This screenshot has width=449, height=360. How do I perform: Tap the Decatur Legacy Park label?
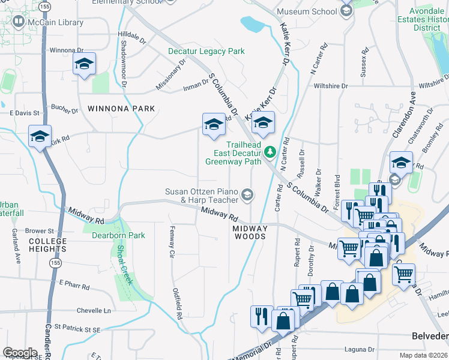click(x=206, y=52)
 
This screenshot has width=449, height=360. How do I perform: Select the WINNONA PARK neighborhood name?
click(x=121, y=109)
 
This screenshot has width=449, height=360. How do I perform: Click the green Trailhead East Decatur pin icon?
click(x=270, y=151)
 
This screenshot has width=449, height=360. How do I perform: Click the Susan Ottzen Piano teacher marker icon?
click(x=247, y=194)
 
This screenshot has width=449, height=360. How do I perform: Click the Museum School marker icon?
click(x=346, y=11)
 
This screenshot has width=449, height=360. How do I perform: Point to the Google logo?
click(x=20, y=353)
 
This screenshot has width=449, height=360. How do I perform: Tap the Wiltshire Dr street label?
click(x=331, y=86)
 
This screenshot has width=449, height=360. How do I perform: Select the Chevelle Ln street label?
click(x=94, y=311)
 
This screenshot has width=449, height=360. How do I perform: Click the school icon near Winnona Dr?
click(x=84, y=65)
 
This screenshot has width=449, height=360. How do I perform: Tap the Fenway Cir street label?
click(x=172, y=241)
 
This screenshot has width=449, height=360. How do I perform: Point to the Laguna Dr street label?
click(x=360, y=349)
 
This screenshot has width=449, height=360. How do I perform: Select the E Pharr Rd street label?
click(x=74, y=284)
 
